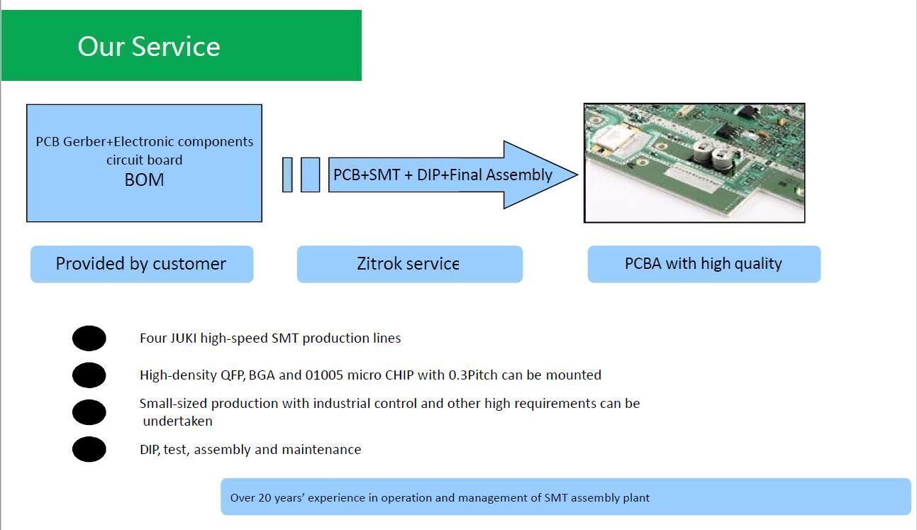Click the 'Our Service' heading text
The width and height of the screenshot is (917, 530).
tap(149, 47)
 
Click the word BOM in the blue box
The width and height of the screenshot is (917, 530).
tap(144, 180)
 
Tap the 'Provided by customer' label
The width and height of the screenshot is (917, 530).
tap(141, 264)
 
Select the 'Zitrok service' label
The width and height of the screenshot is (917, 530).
tap(409, 264)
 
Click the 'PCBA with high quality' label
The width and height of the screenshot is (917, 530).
tap(704, 264)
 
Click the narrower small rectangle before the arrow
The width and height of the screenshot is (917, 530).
tap(287, 175)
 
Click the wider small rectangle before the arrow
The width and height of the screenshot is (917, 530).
tap(310, 175)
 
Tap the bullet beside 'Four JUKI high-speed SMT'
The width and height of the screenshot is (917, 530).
tap(89, 338)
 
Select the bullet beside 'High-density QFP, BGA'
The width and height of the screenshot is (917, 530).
tap(89, 375)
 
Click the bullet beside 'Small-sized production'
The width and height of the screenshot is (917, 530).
tap(89, 412)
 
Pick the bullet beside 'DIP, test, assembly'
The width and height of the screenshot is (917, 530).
tap(89, 449)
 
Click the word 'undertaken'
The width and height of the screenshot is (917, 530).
tap(178, 421)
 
